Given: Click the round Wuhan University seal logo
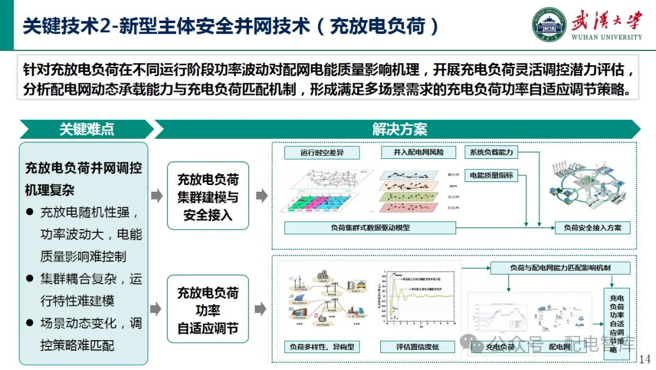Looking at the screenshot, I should (550, 25).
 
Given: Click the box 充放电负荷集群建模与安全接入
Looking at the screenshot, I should (208, 196).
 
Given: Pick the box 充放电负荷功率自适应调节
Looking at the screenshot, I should (208, 310).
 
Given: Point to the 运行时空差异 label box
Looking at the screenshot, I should (322, 153).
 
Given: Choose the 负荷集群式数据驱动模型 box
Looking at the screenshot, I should (370, 228).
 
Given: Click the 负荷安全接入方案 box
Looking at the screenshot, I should (592, 228).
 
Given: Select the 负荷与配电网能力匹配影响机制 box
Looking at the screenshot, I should (560, 268).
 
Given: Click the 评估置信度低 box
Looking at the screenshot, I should (418, 347).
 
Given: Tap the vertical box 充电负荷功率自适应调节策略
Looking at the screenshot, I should (617, 324).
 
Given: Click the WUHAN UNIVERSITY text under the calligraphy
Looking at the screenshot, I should (606, 37).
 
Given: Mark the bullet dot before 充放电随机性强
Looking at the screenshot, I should (29, 212).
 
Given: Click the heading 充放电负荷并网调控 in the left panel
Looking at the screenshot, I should (83, 168).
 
